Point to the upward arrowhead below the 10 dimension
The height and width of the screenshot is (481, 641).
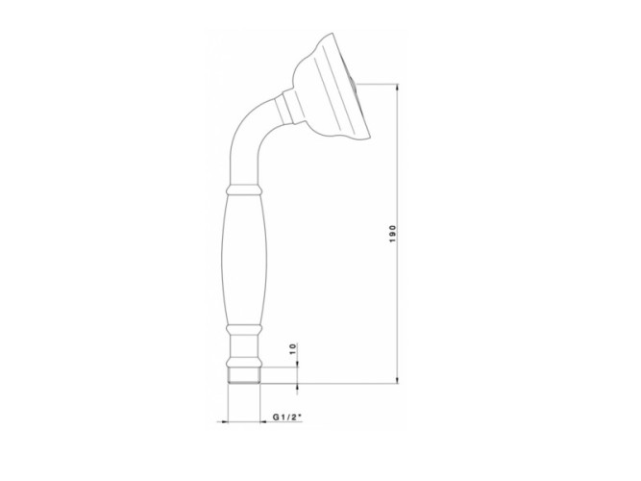[x=299, y=388]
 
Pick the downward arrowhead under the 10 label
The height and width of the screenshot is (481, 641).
[x=299, y=363]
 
